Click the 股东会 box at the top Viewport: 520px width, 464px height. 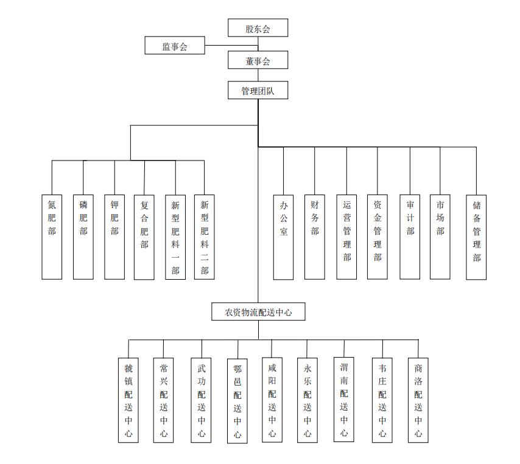[258, 28]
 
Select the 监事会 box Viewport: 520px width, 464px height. [175, 46]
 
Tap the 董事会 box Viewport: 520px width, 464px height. [258, 60]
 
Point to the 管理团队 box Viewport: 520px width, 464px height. [258, 91]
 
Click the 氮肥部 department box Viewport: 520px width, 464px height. [52, 237]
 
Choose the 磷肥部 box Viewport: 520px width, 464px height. [83, 237]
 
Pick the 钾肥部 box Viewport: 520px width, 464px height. [114, 237]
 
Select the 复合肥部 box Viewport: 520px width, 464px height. [144, 237]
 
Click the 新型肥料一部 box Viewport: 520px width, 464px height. [175, 237]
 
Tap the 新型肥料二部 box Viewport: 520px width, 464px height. [205, 237]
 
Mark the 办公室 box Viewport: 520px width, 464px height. [283, 237]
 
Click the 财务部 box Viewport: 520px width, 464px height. [315, 237]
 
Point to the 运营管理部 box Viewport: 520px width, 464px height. [346, 237]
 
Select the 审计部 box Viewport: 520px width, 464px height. [410, 237]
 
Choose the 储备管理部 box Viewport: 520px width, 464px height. [476, 237]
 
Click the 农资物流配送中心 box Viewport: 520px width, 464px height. [258, 312]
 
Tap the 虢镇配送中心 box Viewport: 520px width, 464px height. [128, 400]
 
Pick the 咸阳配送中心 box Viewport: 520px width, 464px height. [272, 399]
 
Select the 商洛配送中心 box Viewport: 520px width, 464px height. [418, 399]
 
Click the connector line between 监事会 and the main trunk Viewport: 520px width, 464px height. [231, 46]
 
